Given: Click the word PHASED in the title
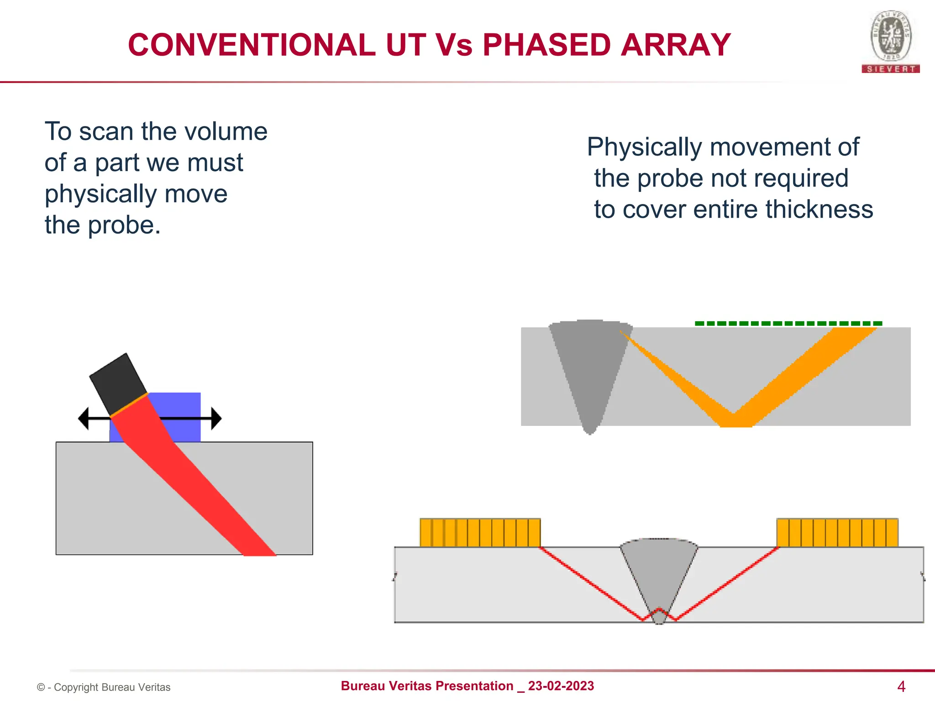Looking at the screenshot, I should point(546,45).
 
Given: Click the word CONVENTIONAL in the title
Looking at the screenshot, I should point(252,45).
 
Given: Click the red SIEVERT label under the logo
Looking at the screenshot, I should point(891,69).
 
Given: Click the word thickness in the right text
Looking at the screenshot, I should point(819,209).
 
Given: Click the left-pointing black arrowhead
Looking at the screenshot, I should point(84,418).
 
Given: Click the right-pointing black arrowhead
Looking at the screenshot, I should point(216,418).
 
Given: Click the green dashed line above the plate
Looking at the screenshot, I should point(788,324).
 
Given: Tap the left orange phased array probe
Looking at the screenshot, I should point(480,532).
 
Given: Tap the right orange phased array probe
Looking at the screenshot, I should point(837,532).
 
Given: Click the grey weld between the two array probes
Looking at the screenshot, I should point(658,575).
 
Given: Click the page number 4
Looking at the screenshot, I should point(901,686).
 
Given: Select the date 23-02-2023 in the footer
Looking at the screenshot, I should point(561,686).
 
